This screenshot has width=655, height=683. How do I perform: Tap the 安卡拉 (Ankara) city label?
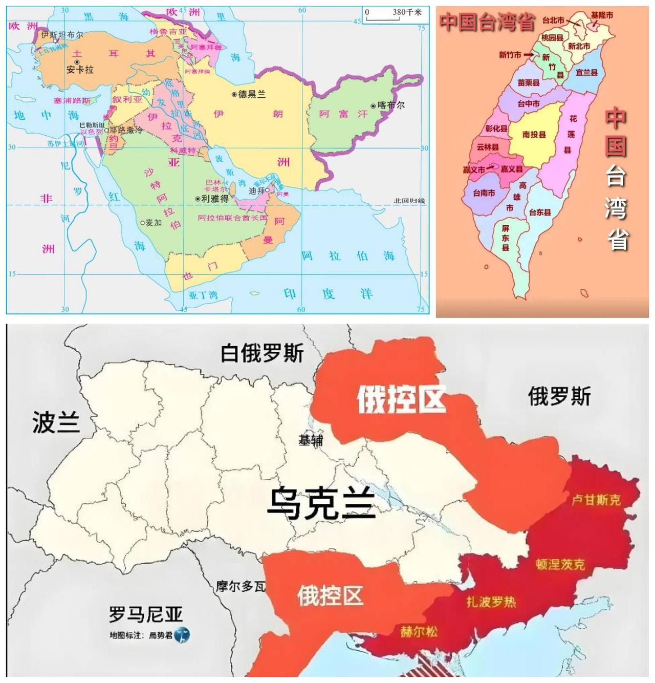80,70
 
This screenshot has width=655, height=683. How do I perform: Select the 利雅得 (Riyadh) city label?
214,199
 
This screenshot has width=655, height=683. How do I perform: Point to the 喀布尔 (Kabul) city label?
390,105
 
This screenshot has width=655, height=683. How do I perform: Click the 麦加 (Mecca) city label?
153,223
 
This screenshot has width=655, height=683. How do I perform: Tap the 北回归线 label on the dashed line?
409,201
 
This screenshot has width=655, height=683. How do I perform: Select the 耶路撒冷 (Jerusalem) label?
125,131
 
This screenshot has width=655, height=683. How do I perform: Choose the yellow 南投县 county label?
534,135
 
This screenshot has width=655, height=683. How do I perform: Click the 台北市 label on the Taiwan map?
553,20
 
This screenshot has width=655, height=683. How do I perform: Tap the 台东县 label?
540,212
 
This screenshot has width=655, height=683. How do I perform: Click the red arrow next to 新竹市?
529,55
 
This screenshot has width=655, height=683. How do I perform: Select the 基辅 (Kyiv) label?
310,440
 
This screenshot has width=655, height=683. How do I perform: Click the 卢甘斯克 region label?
596,499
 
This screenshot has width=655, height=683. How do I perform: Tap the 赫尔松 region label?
419,632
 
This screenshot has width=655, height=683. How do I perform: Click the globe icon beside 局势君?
182,635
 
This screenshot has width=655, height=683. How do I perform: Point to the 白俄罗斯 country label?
262,353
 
